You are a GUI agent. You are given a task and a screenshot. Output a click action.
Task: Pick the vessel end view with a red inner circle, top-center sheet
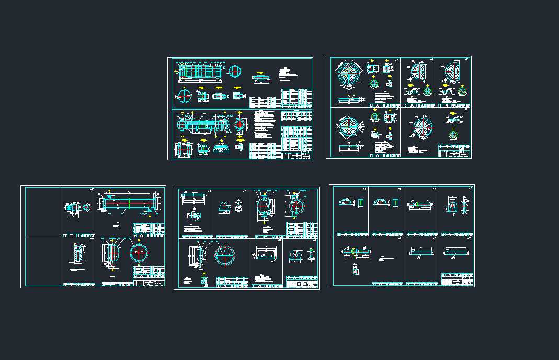[240, 125]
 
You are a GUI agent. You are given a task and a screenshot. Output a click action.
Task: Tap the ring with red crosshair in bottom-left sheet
[139, 252]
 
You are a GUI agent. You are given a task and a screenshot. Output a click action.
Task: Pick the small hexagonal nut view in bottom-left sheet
[85, 207]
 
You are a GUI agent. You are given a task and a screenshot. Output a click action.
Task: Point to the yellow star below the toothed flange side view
[204, 273]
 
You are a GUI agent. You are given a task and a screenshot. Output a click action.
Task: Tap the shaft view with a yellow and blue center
[357, 252]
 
